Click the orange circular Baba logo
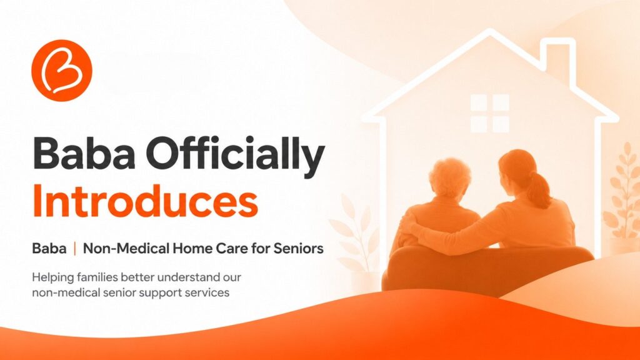coord(62,70)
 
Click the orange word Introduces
coord(145,201)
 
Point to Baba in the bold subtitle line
coord(49,248)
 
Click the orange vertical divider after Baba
coord(75,248)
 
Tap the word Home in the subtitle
coord(192,248)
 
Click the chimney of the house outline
coord(558,57)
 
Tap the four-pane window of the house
coord(490,114)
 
